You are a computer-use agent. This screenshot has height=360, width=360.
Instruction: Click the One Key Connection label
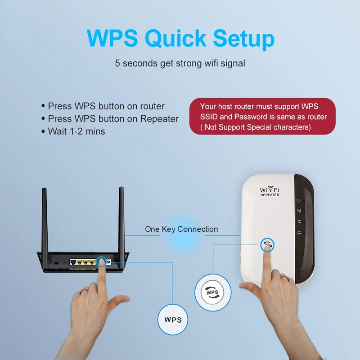point(181,229)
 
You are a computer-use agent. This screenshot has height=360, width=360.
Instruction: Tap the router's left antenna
point(45,220)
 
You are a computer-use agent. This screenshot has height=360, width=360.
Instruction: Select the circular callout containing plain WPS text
point(173,320)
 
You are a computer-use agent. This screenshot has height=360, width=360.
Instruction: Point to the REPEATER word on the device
point(270,195)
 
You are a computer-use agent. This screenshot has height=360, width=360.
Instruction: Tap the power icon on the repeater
point(299,201)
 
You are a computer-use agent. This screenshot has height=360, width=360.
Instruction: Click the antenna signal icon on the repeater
point(299,211)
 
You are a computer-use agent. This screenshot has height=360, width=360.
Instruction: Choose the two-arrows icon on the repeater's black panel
point(299,221)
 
